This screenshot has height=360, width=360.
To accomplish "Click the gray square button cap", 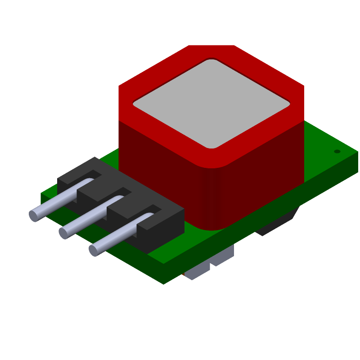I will coord(211,103).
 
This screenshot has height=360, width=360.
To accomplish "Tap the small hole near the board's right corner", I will coord(337,151).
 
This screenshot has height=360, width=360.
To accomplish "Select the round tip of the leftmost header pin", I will coord(34,216).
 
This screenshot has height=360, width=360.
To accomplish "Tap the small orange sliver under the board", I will coord(184,274).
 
